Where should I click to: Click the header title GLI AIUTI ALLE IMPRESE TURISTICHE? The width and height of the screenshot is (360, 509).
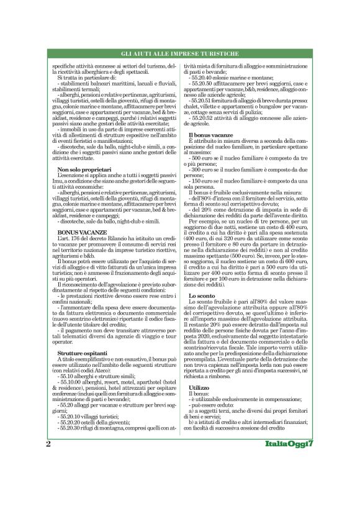tap(179, 54)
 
